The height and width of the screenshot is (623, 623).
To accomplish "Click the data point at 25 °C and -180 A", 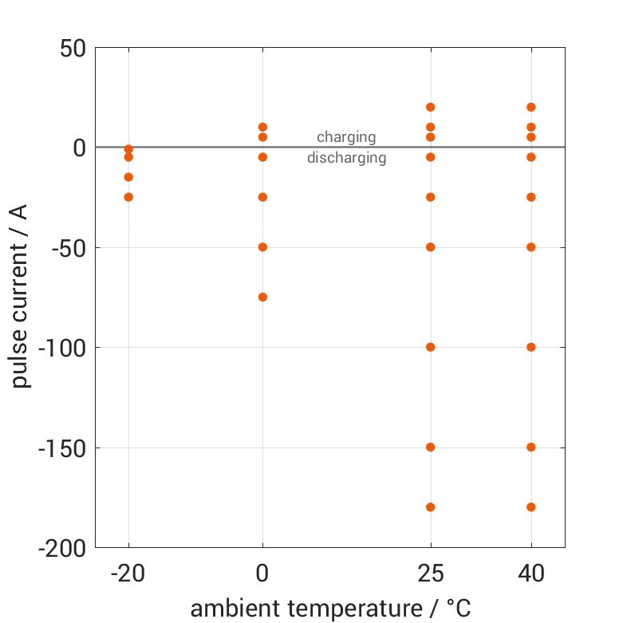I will pos(431,507).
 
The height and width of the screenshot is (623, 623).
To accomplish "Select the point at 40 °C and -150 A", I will pos(531,447).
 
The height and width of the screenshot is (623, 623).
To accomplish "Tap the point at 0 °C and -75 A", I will pos(262,297).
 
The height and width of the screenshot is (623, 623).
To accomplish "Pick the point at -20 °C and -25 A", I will pos(128,197).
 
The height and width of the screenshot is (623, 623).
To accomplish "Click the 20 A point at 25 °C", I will pos(431,107).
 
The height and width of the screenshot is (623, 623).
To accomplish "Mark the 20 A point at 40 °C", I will pos(531,107).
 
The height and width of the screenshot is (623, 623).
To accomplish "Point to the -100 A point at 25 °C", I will pos(431,347).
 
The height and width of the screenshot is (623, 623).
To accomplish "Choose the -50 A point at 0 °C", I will pos(262,247).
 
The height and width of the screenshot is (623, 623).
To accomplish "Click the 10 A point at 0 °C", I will pos(262,127).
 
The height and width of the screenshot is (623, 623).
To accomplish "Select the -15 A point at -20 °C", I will pos(128,177).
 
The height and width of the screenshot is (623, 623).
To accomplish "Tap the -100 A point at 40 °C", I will pos(531,347).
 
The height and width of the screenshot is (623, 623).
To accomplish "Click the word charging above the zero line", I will pos(346,137).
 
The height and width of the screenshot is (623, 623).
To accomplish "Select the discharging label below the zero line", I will pos(346,158).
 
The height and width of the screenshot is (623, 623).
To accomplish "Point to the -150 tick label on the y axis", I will pos(62,448).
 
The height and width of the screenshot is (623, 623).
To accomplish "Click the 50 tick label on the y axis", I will pos(73,48).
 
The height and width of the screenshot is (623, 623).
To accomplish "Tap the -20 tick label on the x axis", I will pos(128,574).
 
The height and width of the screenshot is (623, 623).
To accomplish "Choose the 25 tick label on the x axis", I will pos(431,574).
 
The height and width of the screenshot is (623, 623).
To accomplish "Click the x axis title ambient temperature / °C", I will pos(330,609).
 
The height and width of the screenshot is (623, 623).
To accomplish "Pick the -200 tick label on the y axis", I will pos(62,548).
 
